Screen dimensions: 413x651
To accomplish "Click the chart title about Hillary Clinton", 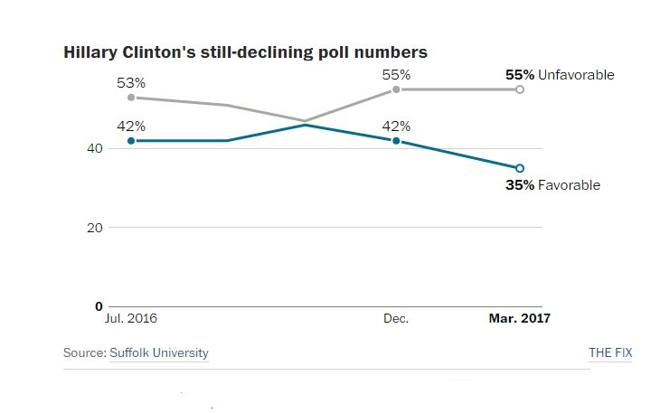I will pyautogui.click(x=245, y=52).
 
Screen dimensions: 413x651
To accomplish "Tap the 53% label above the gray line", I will pyautogui.click(x=131, y=82).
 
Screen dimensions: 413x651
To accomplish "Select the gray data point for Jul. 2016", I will pyautogui.click(x=131, y=98).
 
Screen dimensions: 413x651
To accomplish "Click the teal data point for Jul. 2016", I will pyautogui.click(x=131, y=141).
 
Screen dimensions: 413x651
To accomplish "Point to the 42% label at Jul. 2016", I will pyautogui.click(x=131, y=126).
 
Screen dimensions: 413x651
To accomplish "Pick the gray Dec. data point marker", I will pyautogui.click(x=396, y=89).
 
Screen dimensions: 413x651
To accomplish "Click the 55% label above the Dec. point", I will pyautogui.click(x=396, y=74).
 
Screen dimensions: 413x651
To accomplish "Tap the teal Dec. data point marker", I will pyautogui.click(x=396, y=141).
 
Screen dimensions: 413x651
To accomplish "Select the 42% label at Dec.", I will pyautogui.click(x=396, y=126).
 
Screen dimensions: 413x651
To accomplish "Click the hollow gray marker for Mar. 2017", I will pyautogui.click(x=519, y=89).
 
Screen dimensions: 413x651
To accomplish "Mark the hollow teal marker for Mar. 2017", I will pyautogui.click(x=519, y=168).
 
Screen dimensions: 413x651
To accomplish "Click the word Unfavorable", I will pyautogui.click(x=576, y=75).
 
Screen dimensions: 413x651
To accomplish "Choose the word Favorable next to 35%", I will pyautogui.click(x=569, y=185).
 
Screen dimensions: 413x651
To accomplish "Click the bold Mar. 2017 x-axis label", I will pyautogui.click(x=519, y=319).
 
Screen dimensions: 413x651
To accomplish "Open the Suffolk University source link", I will pyautogui.click(x=159, y=352).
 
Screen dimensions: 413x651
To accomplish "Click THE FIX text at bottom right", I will pyautogui.click(x=610, y=352).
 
